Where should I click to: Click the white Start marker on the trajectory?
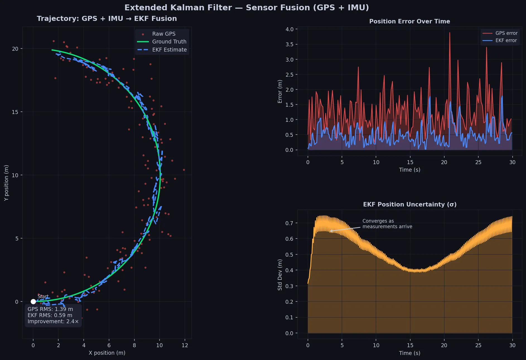click(x=33, y=301)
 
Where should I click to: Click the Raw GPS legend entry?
click(x=164, y=34)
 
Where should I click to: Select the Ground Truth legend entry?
click(x=169, y=42)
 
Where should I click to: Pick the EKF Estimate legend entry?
click(x=169, y=50)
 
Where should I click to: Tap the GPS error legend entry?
click(x=506, y=33)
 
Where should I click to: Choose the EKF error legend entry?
click(x=506, y=40)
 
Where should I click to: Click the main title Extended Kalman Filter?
click(x=247, y=8)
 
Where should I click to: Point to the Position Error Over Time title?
click(x=409, y=21)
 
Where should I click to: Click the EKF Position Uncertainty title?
click(x=409, y=205)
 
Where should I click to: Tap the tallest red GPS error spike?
click(x=450, y=33)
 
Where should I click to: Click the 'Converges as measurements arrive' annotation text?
click(x=387, y=224)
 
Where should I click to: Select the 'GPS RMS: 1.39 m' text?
click(x=50, y=309)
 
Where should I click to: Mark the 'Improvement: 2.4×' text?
click(x=53, y=321)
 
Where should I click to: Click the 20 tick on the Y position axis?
click(x=15, y=49)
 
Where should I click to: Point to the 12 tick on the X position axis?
click(x=185, y=345)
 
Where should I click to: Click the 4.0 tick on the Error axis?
click(x=289, y=29)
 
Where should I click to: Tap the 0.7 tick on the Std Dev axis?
click(x=289, y=223)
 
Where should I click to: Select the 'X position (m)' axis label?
click(x=107, y=353)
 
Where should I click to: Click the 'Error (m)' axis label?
click(x=280, y=91)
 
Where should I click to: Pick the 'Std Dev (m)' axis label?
click(x=280, y=274)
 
